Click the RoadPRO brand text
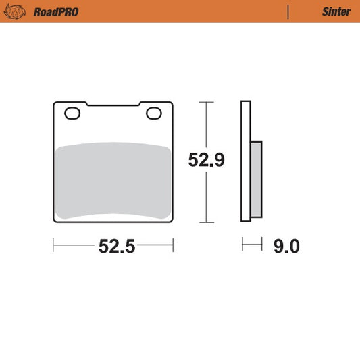pyautogui.click(x=56, y=12)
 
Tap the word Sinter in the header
pyautogui.click(x=336, y=11)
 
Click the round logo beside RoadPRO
pyautogui.click(x=15, y=11)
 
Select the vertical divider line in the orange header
pyautogui.click(x=288, y=12)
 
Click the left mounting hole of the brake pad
pyautogui.click(x=72, y=113)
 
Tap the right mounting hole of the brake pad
pyautogui.click(x=154, y=113)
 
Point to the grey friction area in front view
pyautogui.click(x=113, y=180)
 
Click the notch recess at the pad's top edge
pyautogui.click(x=113, y=105)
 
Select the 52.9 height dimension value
pyautogui.click(x=206, y=160)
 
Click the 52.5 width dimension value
pyautogui.click(x=117, y=246)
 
